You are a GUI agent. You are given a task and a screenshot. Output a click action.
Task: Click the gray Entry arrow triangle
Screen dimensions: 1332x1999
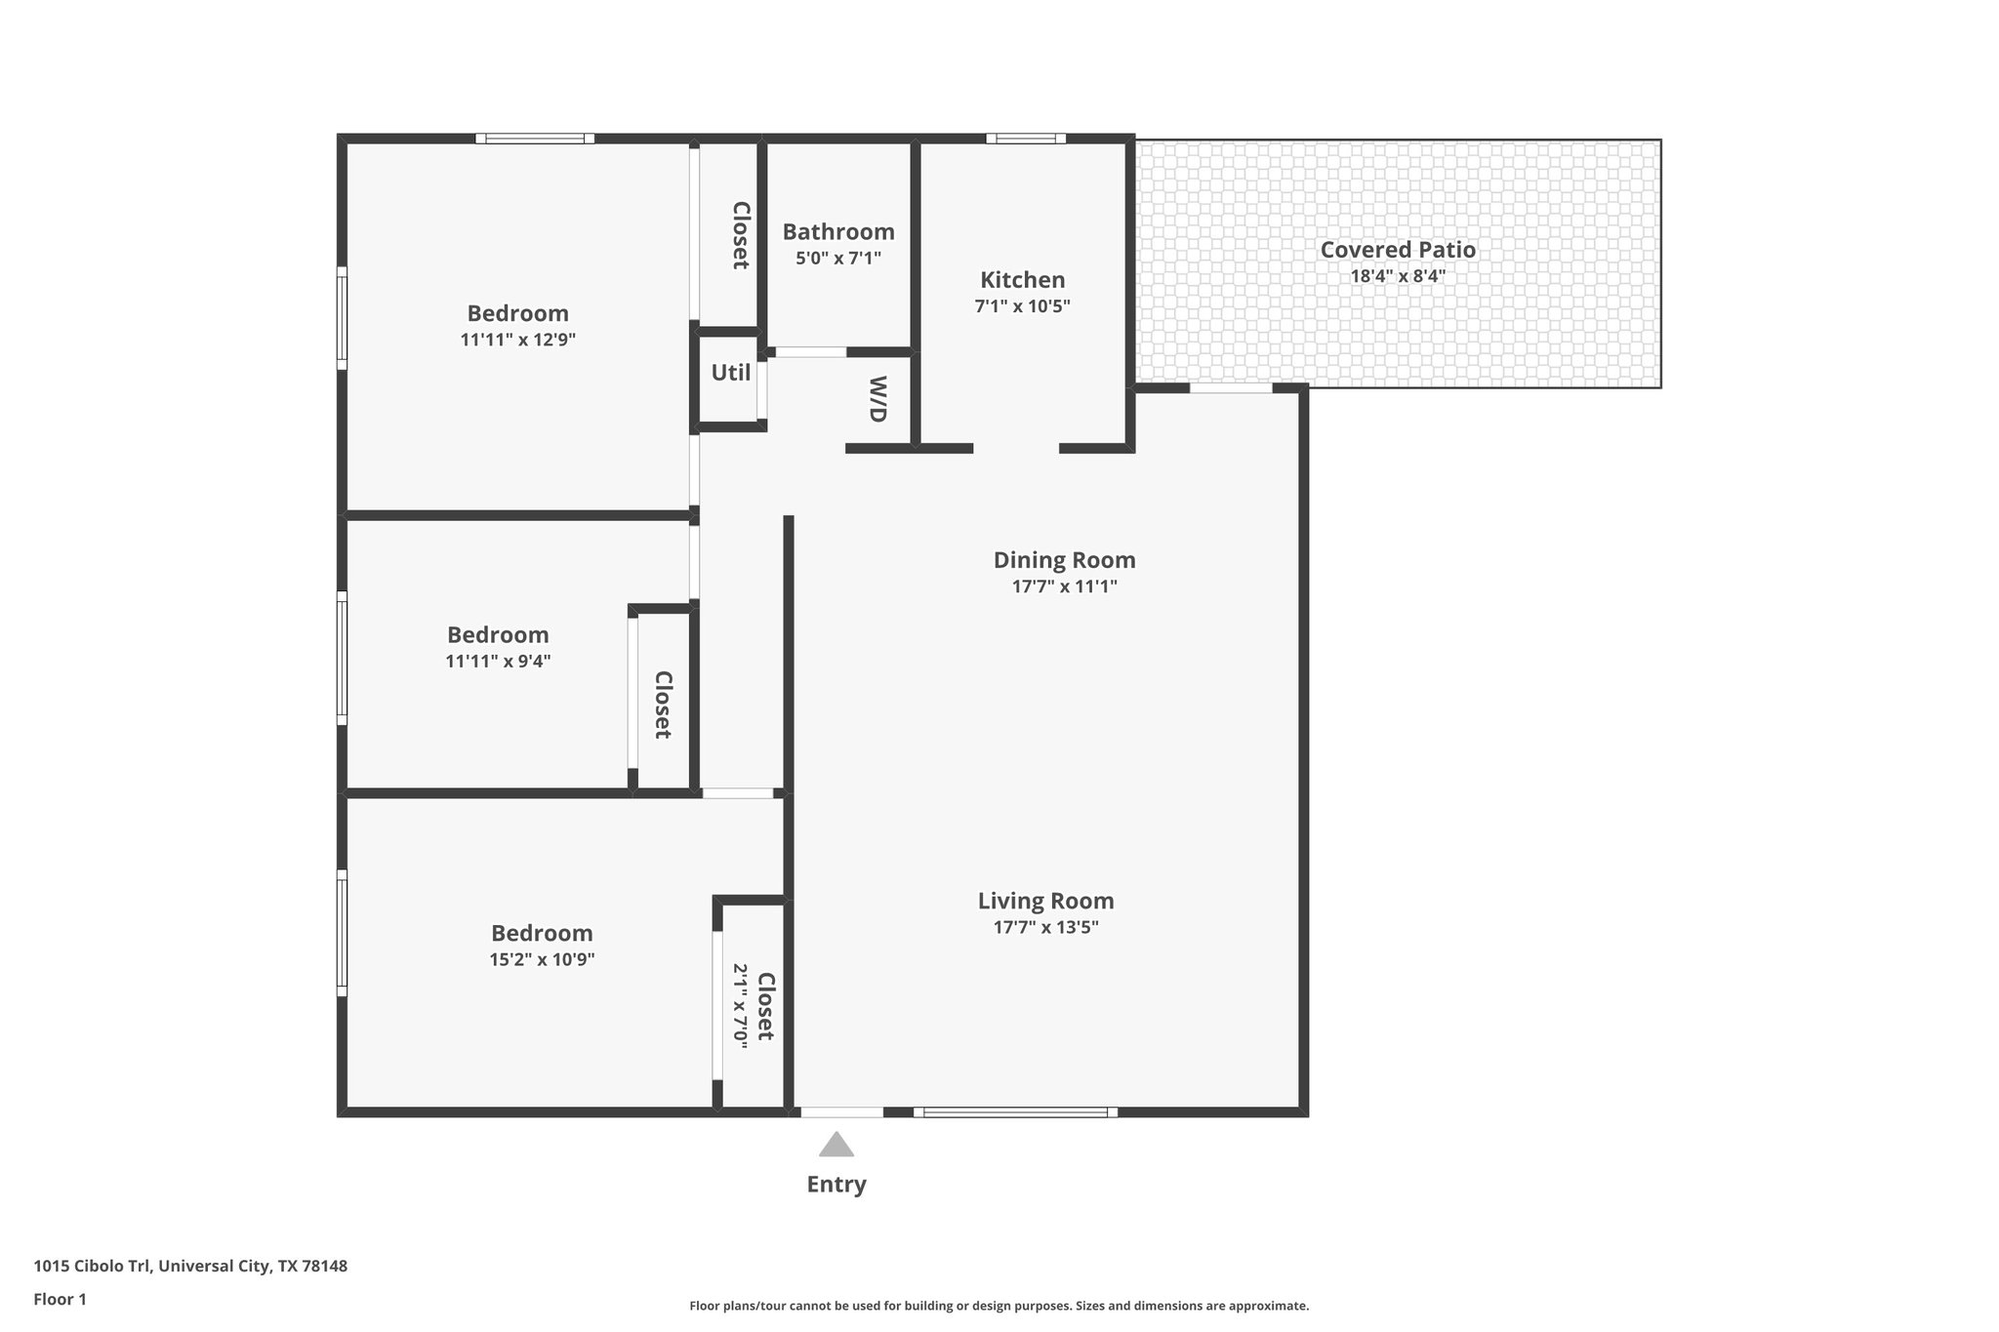click(836, 1146)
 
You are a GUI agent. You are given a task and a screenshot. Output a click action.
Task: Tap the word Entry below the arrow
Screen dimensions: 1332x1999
click(836, 1185)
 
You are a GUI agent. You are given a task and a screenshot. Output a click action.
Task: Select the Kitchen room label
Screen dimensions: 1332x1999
click(1022, 280)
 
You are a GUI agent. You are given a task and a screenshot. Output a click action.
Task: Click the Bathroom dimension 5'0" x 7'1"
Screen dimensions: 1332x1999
click(837, 259)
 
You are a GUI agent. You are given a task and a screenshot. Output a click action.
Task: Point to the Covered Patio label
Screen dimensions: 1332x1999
click(1397, 250)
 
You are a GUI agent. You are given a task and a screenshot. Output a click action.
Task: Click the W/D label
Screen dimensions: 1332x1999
click(878, 399)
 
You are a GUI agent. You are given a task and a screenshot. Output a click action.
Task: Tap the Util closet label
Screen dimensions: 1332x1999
click(730, 373)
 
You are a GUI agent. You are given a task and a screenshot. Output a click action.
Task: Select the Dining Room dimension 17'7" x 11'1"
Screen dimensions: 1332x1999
click(1064, 586)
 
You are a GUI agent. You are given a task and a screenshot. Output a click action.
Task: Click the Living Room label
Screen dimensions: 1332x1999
click(1045, 901)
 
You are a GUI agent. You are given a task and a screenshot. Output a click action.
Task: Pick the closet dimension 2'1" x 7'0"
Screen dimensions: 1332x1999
click(741, 1006)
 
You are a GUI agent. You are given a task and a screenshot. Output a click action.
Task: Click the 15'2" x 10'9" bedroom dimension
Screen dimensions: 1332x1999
click(542, 959)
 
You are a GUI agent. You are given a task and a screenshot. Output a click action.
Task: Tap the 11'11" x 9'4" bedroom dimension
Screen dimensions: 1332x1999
click(498, 661)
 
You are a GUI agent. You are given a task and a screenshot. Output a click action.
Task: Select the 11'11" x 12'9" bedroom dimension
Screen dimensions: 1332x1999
click(517, 340)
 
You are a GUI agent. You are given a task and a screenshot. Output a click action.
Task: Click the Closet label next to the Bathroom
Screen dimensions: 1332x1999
click(741, 235)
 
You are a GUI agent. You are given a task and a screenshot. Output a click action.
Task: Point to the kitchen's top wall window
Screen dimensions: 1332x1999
click(1025, 139)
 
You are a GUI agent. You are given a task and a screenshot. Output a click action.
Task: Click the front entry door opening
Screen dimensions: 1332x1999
click(841, 1111)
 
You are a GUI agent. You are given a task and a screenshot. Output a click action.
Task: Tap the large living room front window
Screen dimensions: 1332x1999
click(1015, 1111)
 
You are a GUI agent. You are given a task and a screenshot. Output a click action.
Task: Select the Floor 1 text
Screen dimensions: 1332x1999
click(60, 1300)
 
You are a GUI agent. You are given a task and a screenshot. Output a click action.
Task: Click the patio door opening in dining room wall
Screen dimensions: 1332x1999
click(1230, 388)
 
